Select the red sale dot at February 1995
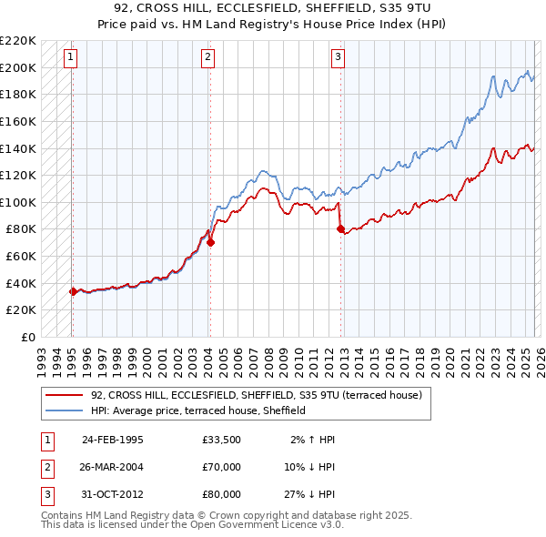73,291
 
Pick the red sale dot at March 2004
210,243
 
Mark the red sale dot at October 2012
340,229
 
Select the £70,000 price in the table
222,467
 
